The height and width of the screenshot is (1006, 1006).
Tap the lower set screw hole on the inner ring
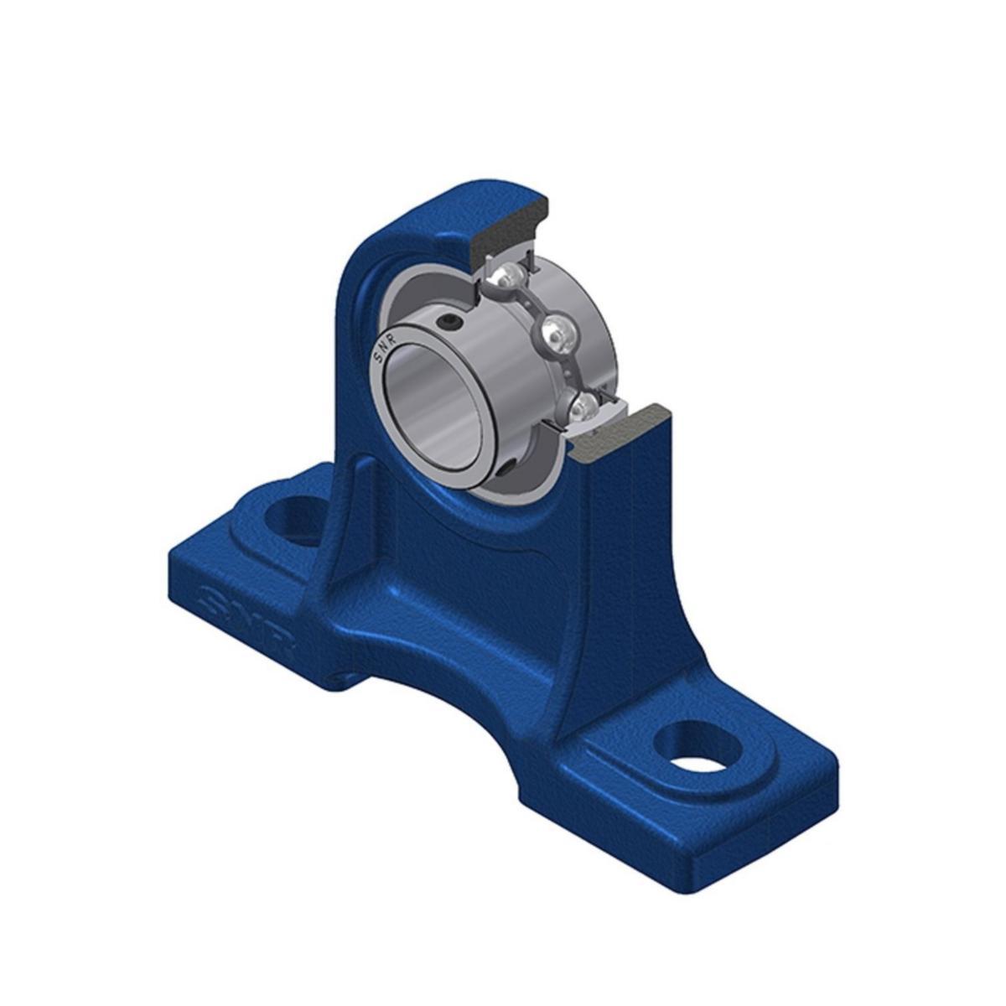coord(508,469)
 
